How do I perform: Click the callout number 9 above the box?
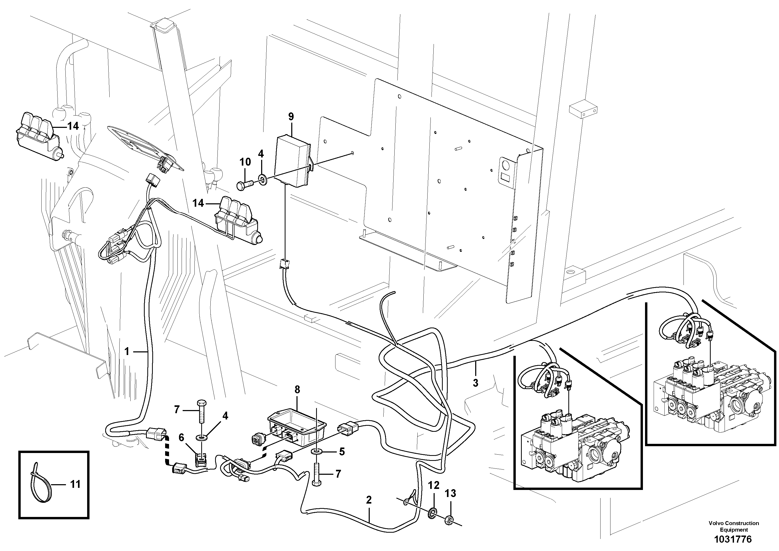point(291,117)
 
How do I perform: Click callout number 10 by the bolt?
point(245,162)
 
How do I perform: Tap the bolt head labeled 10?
point(240,186)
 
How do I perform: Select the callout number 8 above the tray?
point(297,389)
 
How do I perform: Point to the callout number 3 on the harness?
point(476,383)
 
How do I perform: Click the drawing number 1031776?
point(733,539)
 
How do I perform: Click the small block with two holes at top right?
point(582,110)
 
